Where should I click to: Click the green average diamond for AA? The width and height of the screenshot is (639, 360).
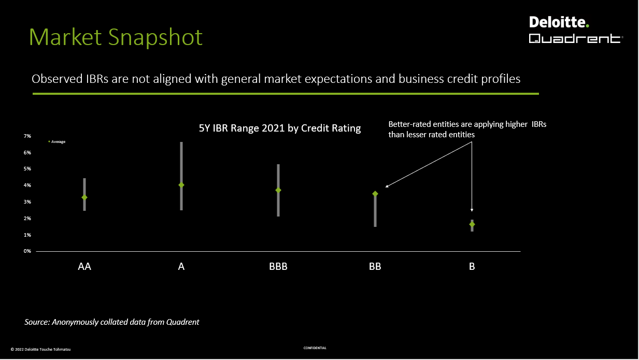pos(84,197)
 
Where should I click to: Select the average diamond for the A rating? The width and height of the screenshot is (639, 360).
pos(181,185)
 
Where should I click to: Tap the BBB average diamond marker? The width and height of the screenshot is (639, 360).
pos(278,190)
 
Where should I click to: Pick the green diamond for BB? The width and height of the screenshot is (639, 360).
pos(375,194)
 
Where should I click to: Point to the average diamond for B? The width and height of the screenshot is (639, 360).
pos(472,224)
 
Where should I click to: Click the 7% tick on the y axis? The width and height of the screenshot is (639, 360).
pos(27,136)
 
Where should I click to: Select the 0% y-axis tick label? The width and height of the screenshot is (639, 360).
pos(27,251)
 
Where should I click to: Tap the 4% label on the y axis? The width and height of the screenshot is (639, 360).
pos(27,185)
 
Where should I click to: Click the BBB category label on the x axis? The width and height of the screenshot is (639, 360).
pos(278,267)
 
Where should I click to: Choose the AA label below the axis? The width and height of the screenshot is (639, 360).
pos(84,267)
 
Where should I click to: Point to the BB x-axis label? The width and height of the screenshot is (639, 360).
pos(375,267)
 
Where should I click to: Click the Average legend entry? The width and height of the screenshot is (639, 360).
pos(57,141)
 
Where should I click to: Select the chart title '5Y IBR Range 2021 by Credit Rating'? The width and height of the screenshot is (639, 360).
pos(280,128)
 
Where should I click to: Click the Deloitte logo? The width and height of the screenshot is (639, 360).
pos(559,22)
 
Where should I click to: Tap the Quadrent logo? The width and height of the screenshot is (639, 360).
pos(576,38)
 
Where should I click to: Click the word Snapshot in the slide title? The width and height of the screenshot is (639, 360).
pos(155,37)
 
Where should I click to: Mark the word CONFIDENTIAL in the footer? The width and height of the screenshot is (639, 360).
pos(315,348)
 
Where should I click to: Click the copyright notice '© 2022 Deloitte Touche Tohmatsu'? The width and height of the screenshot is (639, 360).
pos(40,349)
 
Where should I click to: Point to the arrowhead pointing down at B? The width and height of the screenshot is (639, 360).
pos(472,210)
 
